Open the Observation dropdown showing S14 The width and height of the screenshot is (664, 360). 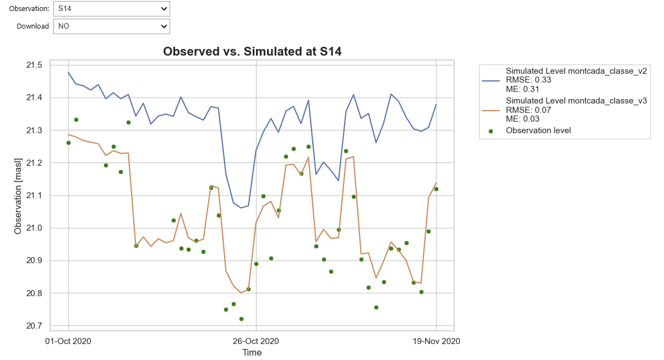coord(111,8)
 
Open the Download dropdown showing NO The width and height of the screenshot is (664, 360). coord(111,26)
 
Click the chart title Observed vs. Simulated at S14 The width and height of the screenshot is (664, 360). coord(252,52)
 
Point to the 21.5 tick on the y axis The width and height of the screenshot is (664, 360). coord(34,66)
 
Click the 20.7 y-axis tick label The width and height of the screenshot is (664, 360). coord(34,326)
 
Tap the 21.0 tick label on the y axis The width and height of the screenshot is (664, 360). coord(34,228)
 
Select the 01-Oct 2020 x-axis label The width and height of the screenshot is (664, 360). coord(68,341)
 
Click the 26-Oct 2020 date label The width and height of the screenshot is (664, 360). coord(256,341)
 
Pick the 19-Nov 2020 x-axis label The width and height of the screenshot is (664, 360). coord(437,341)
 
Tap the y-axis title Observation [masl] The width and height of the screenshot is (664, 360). coord(18,195)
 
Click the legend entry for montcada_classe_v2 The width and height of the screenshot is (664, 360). coord(576,71)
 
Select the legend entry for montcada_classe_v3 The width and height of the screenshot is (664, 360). coord(576,101)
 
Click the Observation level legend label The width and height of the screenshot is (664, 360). coord(538,130)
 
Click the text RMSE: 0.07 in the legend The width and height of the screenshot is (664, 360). coord(529,110)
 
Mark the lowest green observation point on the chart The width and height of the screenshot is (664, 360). coord(241,319)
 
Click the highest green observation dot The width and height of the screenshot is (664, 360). coord(76,119)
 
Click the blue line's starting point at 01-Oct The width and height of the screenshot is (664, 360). coord(68,72)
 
